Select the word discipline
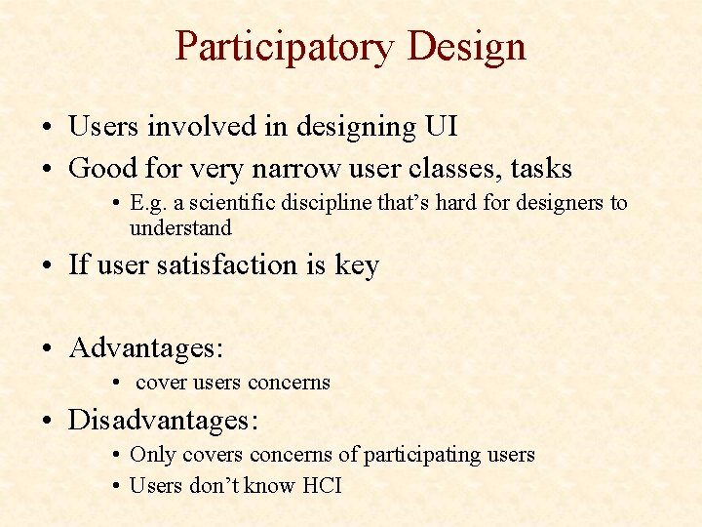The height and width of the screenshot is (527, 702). (x=316, y=203)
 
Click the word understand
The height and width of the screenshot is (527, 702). (x=180, y=228)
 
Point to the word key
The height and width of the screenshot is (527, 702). (x=358, y=265)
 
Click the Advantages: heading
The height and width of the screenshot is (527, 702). (x=146, y=347)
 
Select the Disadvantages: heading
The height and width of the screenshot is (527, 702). (x=163, y=421)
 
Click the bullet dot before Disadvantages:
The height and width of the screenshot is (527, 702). (x=49, y=422)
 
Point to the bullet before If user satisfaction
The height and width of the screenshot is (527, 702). (x=49, y=265)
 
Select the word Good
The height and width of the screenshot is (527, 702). (x=104, y=168)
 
